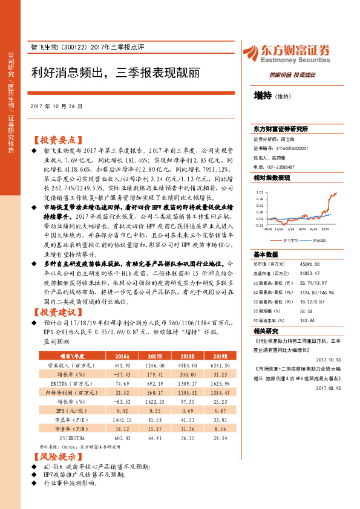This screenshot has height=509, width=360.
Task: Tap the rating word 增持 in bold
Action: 262,95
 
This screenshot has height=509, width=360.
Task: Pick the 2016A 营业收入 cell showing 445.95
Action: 123,366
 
